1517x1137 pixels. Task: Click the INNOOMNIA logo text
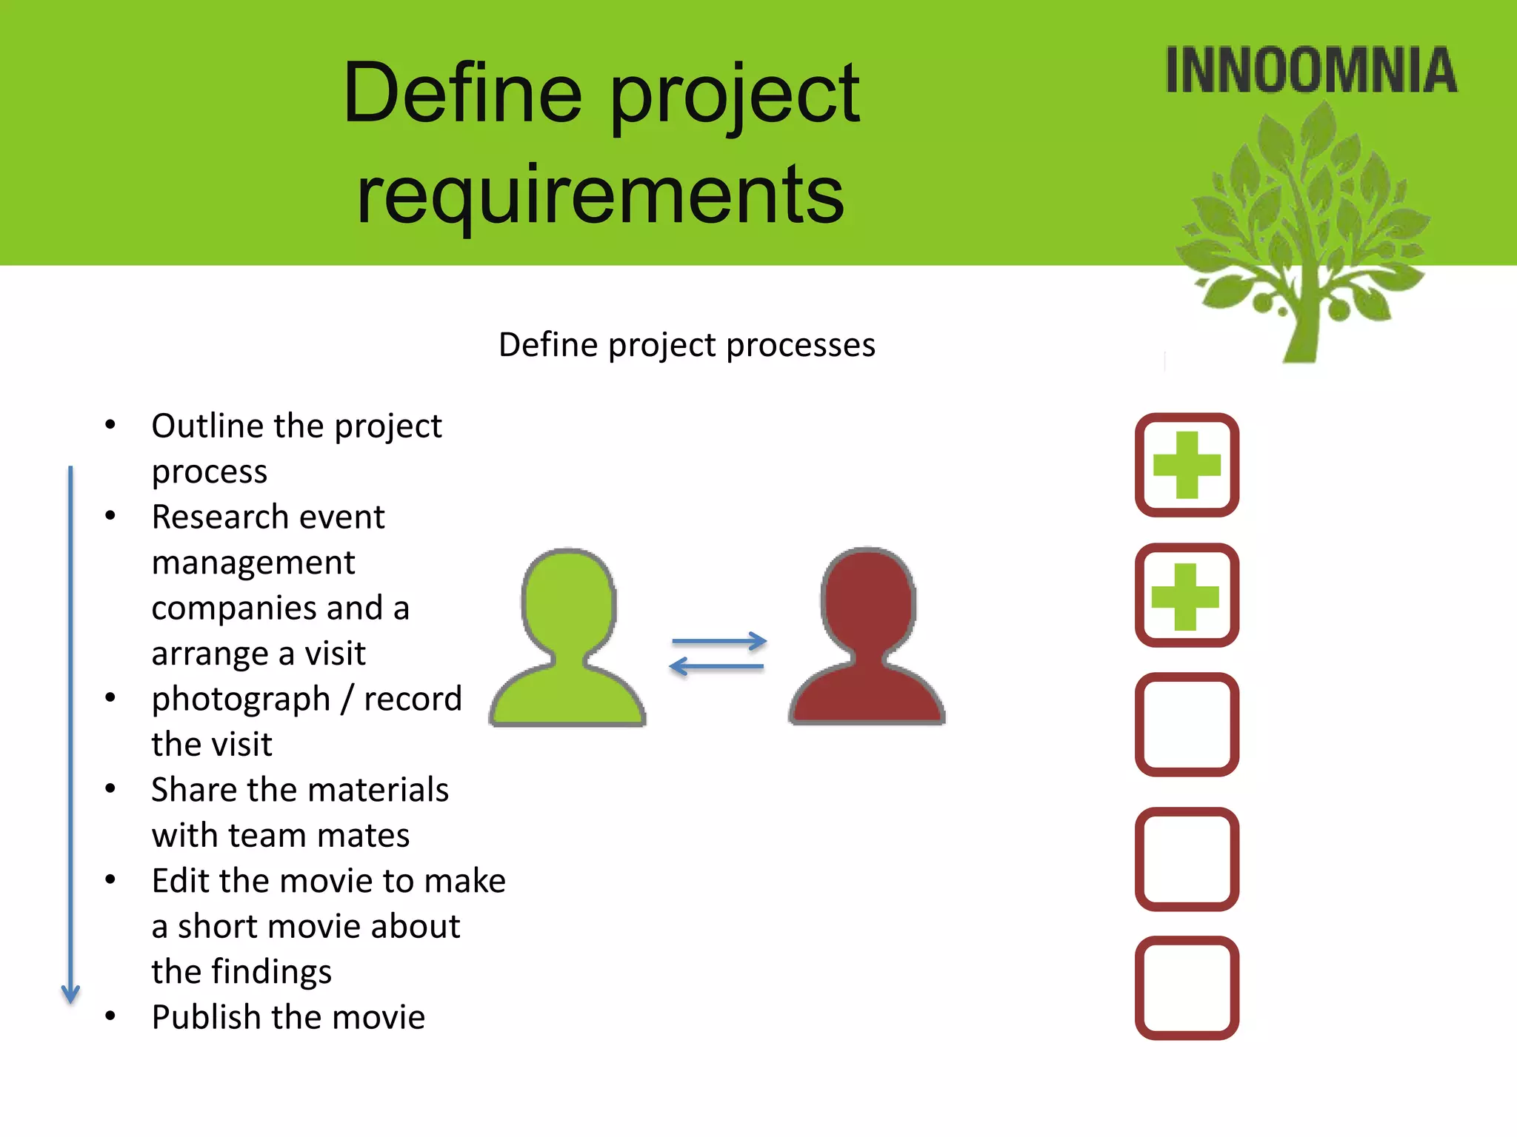coord(1310,71)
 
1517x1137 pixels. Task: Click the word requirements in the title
coord(600,194)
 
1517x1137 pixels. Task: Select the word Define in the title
coord(463,94)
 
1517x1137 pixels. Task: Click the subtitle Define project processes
coord(687,345)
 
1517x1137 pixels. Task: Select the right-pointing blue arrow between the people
coord(719,641)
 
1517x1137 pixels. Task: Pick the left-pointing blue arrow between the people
coord(716,667)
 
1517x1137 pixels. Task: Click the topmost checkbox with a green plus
coord(1187,465)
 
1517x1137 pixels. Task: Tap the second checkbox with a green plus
coord(1187,595)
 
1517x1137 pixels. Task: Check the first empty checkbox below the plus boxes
coord(1187,725)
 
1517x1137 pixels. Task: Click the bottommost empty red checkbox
coord(1187,987)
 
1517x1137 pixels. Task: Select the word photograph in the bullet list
coord(241,700)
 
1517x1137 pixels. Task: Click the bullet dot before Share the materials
coord(110,789)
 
